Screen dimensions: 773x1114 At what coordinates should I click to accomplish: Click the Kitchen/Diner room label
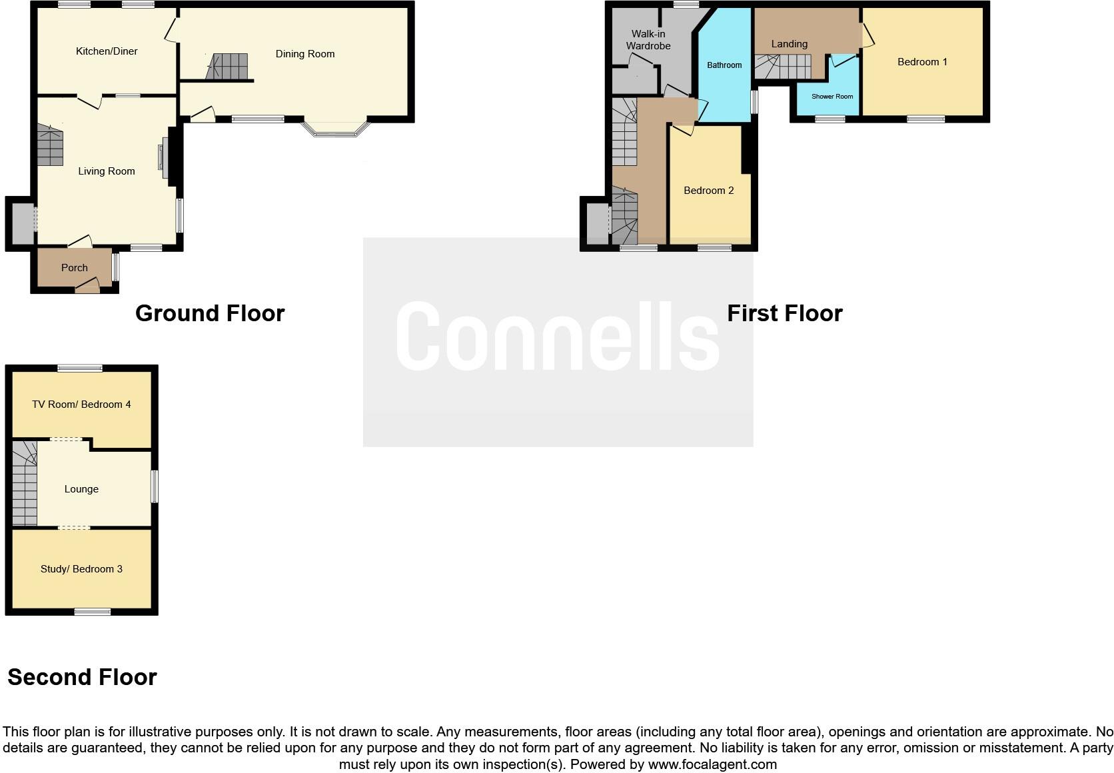tap(107, 51)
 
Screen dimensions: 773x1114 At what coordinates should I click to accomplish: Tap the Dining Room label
tap(305, 54)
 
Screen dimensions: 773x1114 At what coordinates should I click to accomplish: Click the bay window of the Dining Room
tap(336, 128)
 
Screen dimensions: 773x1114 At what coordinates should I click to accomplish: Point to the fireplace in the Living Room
tap(162, 161)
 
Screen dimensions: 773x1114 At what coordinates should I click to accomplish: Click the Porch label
tap(74, 268)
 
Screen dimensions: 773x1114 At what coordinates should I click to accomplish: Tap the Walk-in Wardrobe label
tap(648, 40)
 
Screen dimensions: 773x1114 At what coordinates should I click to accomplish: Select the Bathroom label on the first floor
tap(724, 65)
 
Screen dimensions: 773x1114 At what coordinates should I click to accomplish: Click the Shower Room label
tap(832, 97)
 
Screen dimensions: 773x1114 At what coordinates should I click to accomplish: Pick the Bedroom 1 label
tap(922, 62)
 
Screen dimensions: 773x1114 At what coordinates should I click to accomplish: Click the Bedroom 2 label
tap(708, 191)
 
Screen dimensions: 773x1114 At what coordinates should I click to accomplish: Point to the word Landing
tap(790, 44)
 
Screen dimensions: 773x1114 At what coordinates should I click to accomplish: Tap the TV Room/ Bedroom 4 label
tap(81, 404)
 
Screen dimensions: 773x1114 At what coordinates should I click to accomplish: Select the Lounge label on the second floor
tap(81, 489)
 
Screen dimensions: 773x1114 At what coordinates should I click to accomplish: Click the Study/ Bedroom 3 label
tap(81, 569)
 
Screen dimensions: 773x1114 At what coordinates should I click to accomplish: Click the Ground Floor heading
tap(210, 313)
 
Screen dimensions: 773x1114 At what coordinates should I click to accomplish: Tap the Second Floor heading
tap(82, 677)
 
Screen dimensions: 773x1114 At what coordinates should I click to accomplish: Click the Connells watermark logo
tap(558, 337)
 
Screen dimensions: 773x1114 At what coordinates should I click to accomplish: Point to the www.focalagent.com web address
tap(712, 764)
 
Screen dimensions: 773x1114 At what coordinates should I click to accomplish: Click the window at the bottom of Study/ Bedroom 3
tap(92, 612)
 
